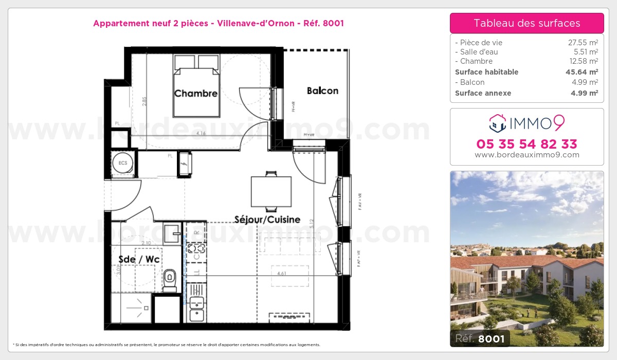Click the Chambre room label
[x=195, y=94]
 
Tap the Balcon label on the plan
[x=322, y=91]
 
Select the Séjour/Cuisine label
[x=267, y=220]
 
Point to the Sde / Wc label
[x=139, y=259]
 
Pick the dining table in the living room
[x=271, y=191]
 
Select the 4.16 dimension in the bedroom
[x=197, y=133]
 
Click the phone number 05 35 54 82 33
[x=527, y=144]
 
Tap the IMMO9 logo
[x=527, y=122]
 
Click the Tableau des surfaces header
[x=527, y=23]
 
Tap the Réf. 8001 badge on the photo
[x=480, y=338]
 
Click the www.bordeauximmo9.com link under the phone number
[x=527, y=155]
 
